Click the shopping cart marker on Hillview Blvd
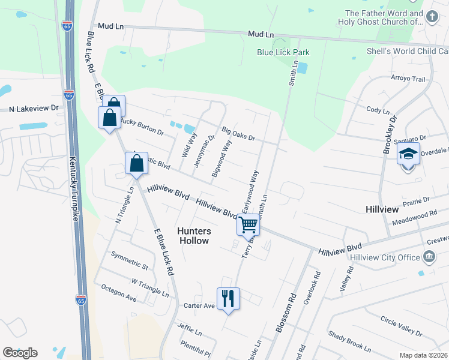click(x=249, y=225)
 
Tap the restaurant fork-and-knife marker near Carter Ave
click(x=228, y=298)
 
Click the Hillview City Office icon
click(x=429, y=257)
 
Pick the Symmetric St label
click(x=130, y=260)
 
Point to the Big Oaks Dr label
click(x=238, y=133)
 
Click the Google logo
click(x=20, y=353)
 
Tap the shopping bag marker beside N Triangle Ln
click(x=137, y=163)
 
